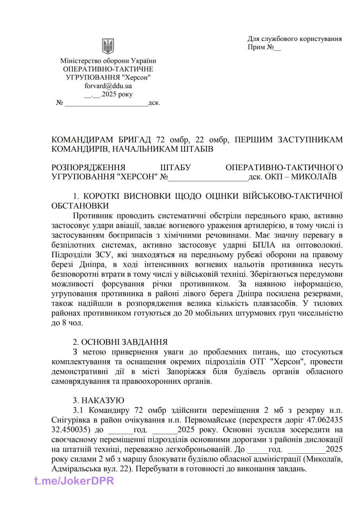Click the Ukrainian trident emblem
coord(108,46)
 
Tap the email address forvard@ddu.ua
coord(108,85)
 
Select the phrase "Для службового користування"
coord(294,39)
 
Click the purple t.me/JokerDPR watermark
coord(74,481)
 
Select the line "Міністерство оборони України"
coord(108,61)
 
